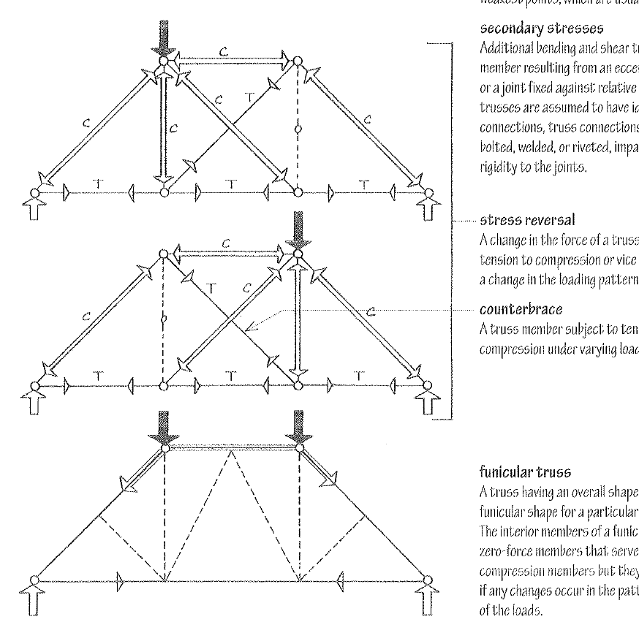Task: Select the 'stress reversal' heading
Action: coord(513,219)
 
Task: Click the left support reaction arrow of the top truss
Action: coord(34,209)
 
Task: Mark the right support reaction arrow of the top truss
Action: coord(429,209)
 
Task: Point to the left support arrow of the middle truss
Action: coord(34,400)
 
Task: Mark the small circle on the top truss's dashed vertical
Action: coord(298,129)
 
